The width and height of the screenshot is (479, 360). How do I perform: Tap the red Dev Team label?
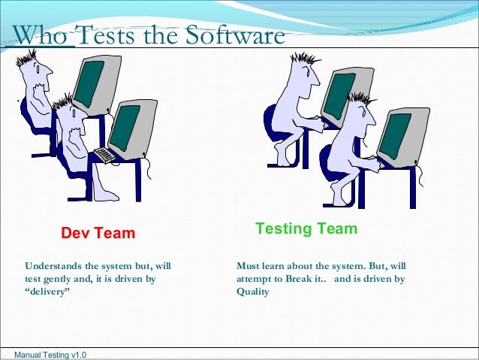click(x=98, y=233)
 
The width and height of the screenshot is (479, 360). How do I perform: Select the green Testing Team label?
click(x=306, y=228)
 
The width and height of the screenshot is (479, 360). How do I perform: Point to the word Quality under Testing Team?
click(x=253, y=292)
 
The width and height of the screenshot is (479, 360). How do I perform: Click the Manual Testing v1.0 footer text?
click(x=46, y=354)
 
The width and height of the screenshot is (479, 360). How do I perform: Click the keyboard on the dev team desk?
click(x=106, y=154)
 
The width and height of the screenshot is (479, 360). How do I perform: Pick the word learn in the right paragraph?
click(x=278, y=266)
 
